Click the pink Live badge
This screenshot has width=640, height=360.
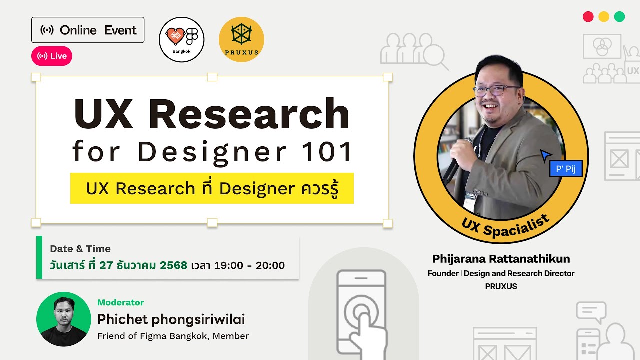coord(52,56)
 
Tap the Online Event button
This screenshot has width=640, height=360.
coord(88,30)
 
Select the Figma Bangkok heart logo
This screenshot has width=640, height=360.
coord(181,39)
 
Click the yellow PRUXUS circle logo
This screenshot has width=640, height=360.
coord(241,39)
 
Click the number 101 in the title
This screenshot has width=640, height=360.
coord(328,152)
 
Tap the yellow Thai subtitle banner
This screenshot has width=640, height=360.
coord(212,188)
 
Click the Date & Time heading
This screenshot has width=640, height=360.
coord(80,249)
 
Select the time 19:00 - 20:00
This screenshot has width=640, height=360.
coord(249,265)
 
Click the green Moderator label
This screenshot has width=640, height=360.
coord(121,302)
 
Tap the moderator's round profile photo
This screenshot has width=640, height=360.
coord(63,319)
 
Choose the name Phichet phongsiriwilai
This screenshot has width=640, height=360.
coord(171,319)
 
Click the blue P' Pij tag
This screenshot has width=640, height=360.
coord(566,168)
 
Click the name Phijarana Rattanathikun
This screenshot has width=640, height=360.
coord(501,259)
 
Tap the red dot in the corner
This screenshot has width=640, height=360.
coord(588,16)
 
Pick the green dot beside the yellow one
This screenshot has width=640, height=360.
coord(619,16)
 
